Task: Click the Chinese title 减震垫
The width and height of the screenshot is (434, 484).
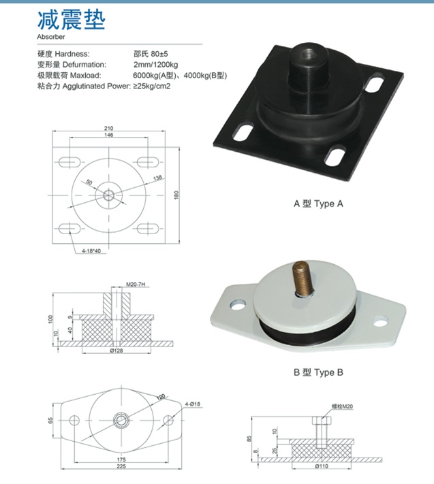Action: [x=72, y=20]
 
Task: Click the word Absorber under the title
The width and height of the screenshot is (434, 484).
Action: [x=51, y=37]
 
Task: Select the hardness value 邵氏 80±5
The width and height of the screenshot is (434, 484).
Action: [x=151, y=54]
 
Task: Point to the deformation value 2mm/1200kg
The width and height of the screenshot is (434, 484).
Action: [x=156, y=65]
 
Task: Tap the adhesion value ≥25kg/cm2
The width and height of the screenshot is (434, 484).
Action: [x=152, y=86]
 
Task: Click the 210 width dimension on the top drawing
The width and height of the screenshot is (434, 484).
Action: [x=109, y=128]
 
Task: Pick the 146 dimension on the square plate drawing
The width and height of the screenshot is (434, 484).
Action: [x=109, y=135]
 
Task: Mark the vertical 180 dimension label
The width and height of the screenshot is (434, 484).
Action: [x=176, y=195]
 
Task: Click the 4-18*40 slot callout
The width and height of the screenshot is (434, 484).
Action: [x=91, y=251]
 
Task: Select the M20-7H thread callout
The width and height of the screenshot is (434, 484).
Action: [x=136, y=285]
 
